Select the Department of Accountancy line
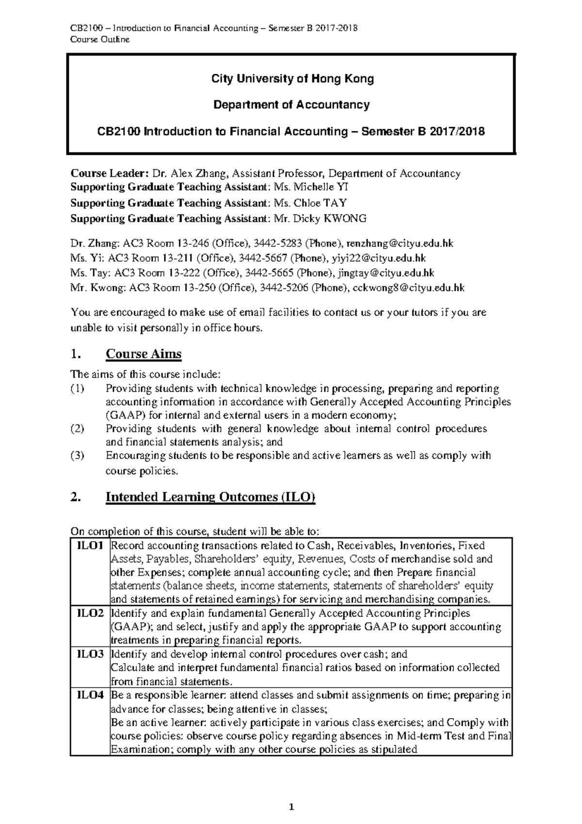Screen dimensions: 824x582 tap(291, 105)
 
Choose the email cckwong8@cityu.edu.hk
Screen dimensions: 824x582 tap(408, 288)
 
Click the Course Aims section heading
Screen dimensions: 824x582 tap(144, 354)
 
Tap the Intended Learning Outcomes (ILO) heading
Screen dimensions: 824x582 tap(210, 497)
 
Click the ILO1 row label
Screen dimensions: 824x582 tap(90, 545)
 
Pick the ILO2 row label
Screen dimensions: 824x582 tap(90, 613)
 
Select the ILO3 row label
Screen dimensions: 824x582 tap(90, 654)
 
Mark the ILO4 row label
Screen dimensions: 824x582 tap(90, 695)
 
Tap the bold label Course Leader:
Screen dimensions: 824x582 tap(110, 174)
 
